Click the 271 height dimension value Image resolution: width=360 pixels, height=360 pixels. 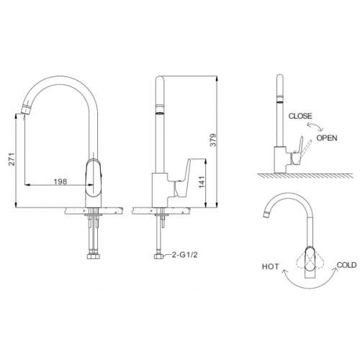pyautogui.click(x=12, y=159)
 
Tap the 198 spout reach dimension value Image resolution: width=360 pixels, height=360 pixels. pyautogui.click(x=60, y=181)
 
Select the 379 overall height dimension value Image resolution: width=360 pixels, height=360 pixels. pyautogui.click(x=213, y=140)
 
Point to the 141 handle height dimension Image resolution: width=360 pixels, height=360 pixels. pyautogui.click(x=202, y=182)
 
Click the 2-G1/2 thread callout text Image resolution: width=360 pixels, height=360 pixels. pyautogui.click(x=184, y=255)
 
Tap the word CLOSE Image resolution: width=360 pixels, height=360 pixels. pyautogui.click(x=300, y=116)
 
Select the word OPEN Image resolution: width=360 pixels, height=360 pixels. pyautogui.click(x=327, y=138)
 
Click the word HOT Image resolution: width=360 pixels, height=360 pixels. pyautogui.click(x=270, y=266)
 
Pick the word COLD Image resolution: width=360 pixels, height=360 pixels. pyautogui.click(x=346, y=265)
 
